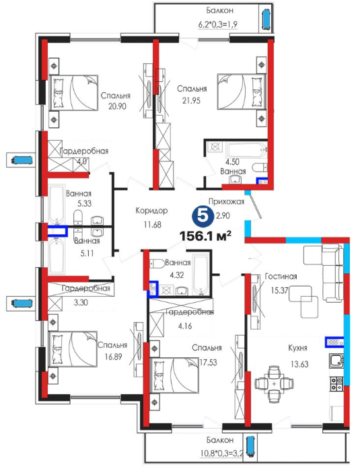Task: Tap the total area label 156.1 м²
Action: pyautogui.click(x=205, y=235)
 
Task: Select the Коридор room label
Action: pyautogui.click(x=151, y=211)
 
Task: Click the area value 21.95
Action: pyautogui.click(x=191, y=101)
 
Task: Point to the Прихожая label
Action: pyautogui.click(x=226, y=202)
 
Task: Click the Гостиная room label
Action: pyautogui.click(x=281, y=277)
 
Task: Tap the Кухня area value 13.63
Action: pyautogui.click(x=299, y=365)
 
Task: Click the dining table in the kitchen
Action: pyautogui.click(x=274, y=384)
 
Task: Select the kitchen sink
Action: pyautogui.click(x=336, y=361)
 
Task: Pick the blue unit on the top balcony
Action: pyautogui.click(x=266, y=20)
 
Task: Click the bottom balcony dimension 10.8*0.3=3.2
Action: pyautogui.click(x=221, y=453)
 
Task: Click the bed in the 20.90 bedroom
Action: pyautogui.click(x=74, y=93)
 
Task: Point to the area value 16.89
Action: pyautogui.click(x=113, y=357)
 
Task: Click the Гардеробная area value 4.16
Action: pyautogui.click(x=185, y=326)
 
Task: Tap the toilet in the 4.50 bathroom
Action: pyautogui.click(x=260, y=166)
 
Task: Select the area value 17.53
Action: pyautogui.click(x=208, y=363)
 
